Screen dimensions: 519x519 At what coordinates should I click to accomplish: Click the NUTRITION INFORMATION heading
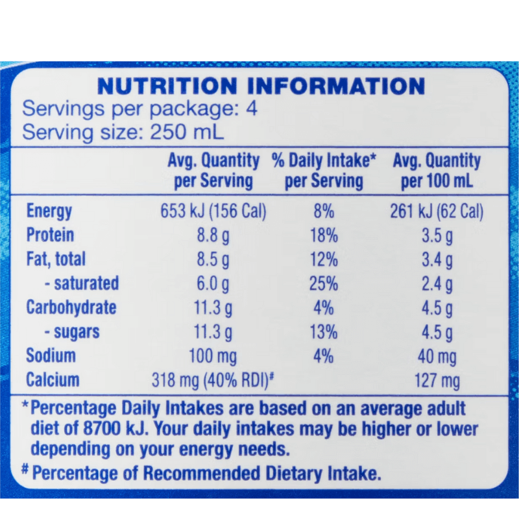point(260,86)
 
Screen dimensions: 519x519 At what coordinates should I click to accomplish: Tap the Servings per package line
point(140,108)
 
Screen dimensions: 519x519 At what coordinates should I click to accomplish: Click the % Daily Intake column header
point(324,170)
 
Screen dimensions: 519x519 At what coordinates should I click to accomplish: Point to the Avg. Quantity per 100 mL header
point(437,170)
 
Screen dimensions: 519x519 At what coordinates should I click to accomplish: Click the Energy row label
point(49,211)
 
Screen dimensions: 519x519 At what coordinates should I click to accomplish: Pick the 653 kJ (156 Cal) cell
point(213,211)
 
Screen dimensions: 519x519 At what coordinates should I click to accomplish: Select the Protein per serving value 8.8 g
point(213,235)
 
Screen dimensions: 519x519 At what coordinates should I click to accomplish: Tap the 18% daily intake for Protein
point(324,235)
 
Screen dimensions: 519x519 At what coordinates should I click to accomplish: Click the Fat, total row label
point(56,259)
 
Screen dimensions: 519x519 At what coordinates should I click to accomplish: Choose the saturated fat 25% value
point(324,284)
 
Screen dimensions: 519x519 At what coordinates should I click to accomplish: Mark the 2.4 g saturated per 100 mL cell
point(437,284)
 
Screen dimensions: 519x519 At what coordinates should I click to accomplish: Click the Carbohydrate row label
point(71,308)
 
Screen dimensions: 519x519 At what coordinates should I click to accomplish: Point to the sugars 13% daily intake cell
point(324,332)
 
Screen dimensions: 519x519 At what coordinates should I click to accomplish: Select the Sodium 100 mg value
point(213,356)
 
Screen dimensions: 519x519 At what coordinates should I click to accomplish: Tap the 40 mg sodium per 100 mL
point(437,356)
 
